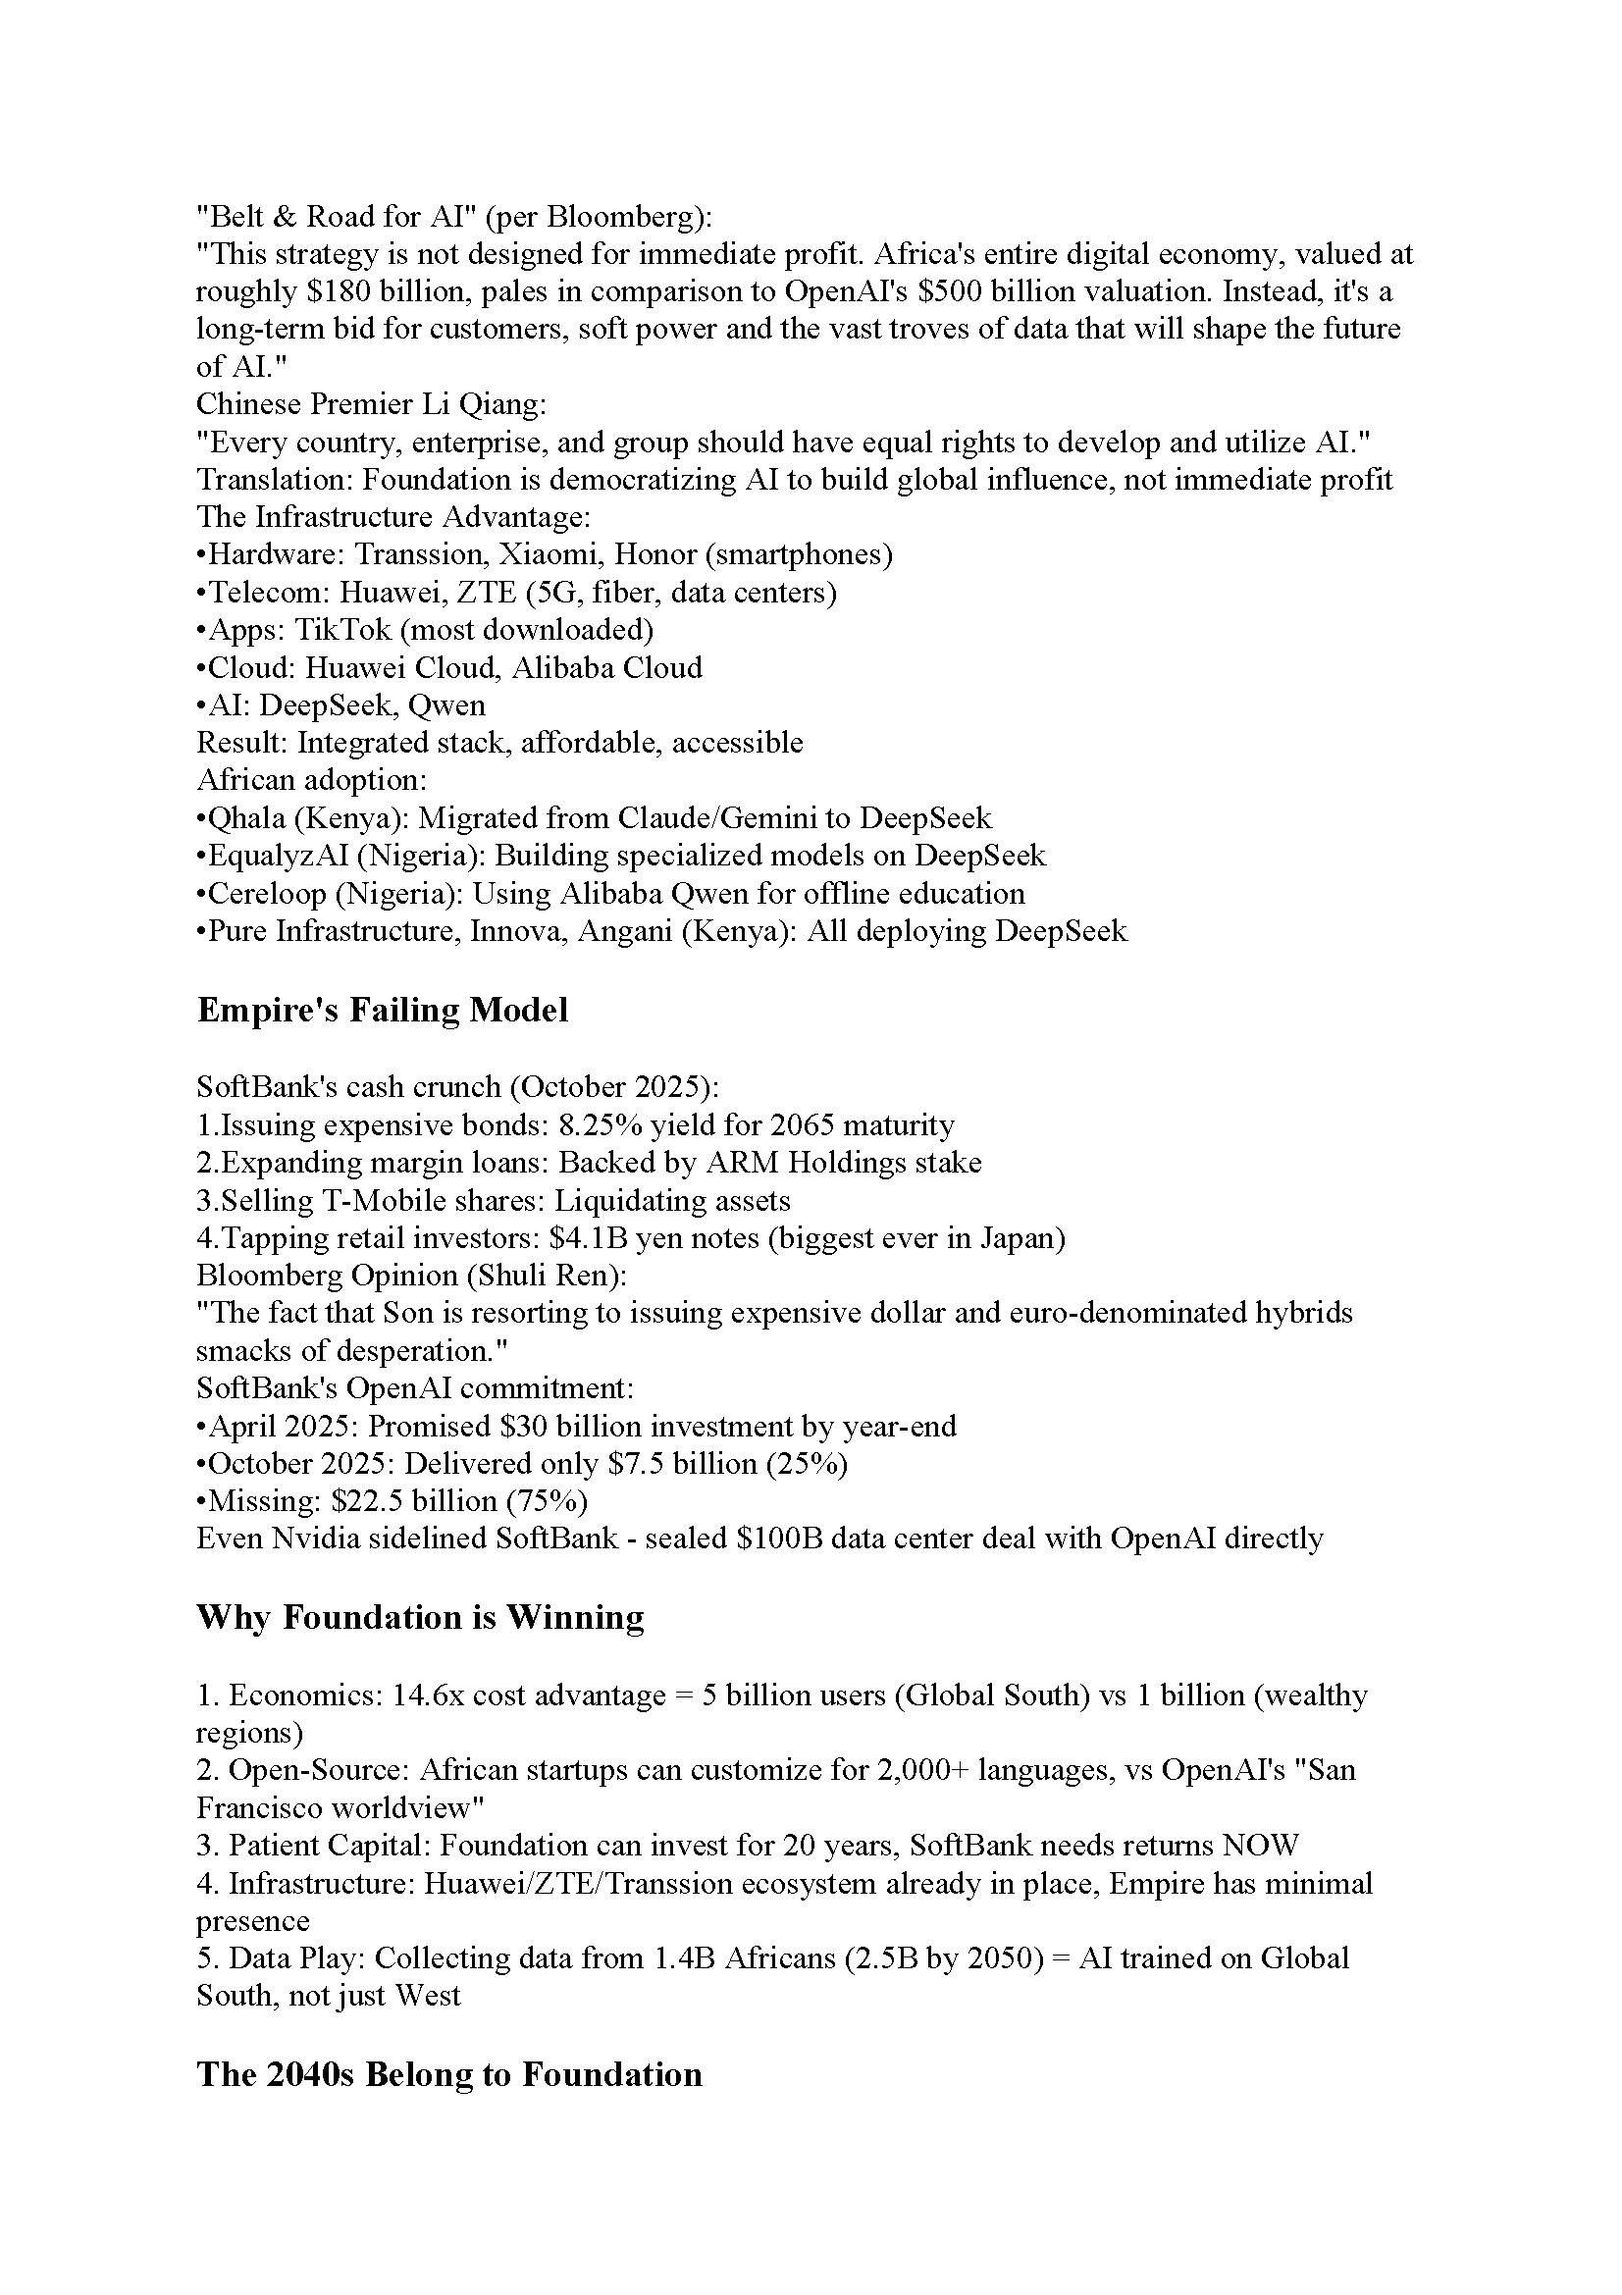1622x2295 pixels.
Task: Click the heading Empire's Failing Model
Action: (x=382, y=1010)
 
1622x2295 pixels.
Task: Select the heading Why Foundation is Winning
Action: (x=420, y=1617)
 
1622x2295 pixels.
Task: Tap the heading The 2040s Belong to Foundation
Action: (x=448, y=2074)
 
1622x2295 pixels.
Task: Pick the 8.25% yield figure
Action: (x=626, y=1125)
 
